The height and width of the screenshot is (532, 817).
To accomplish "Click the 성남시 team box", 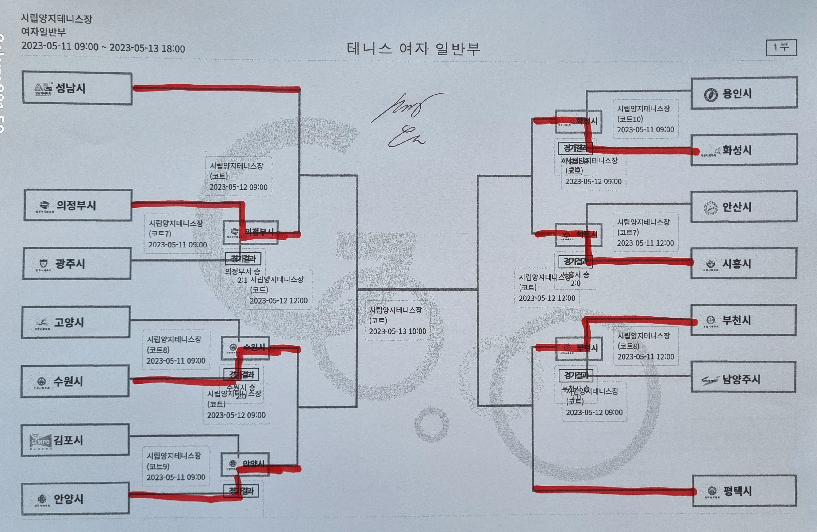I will (x=77, y=88).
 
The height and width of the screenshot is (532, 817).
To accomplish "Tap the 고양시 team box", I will (x=76, y=323).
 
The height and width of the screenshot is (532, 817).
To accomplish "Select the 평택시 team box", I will (x=744, y=491).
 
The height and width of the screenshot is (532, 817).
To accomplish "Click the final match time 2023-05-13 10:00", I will (x=397, y=331).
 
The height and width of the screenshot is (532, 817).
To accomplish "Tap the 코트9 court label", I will (x=158, y=467).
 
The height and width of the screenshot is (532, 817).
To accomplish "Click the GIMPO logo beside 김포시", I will (x=41, y=441).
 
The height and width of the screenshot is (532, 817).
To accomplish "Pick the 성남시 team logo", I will (x=43, y=88).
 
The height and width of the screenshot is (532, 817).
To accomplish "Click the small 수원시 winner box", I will (x=245, y=348).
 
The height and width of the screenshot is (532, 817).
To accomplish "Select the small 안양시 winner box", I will (x=245, y=464).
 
